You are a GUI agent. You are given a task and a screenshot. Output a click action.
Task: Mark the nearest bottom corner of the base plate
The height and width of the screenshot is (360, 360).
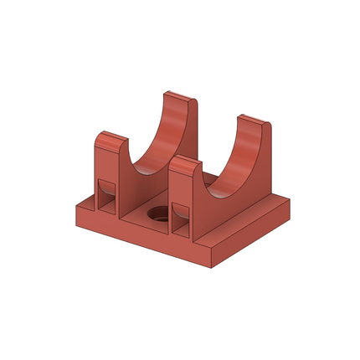[x=211, y=266]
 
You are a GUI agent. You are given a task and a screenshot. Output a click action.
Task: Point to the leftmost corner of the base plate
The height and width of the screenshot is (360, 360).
[x=76, y=207]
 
